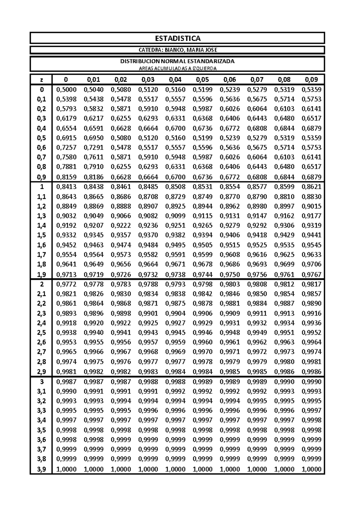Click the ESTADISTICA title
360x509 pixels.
tap(178, 38)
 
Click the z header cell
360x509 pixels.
tap(41, 80)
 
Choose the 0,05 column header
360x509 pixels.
tap(202, 80)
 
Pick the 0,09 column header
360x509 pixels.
tap(311, 80)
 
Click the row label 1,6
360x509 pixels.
tap(41, 245)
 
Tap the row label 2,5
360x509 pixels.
tap(41, 333)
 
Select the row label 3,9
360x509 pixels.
tap(41, 469)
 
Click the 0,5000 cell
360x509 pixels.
tap(66, 90)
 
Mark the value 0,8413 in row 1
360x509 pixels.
tap(66, 187)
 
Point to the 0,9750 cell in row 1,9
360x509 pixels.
tap(230, 275)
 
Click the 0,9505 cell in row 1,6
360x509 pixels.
tap(202, 245)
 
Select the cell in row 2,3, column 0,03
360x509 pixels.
tap(148, 314)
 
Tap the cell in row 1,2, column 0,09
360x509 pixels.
tap(311, 207)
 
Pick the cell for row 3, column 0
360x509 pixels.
tap(66, 382)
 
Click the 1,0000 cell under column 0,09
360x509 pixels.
tap(311, 469)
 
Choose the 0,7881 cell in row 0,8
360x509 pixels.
tap(66, 167)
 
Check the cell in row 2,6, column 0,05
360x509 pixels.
tap(202, 342)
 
